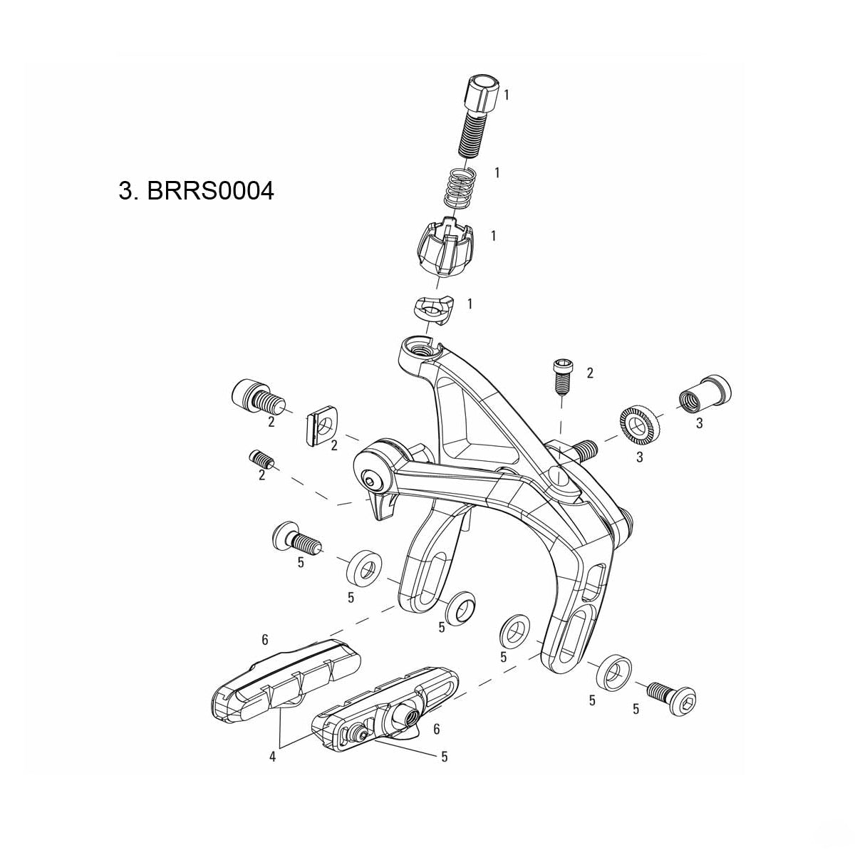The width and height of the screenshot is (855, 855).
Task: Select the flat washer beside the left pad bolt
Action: coord(363,564)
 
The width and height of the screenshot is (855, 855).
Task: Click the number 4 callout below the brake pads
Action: coord(272,757)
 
